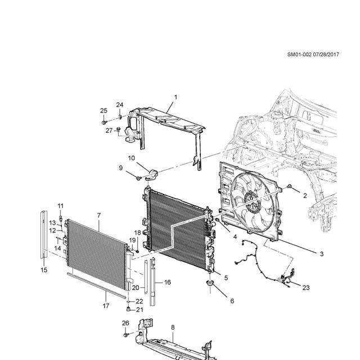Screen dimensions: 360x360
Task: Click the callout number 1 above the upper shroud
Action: [x=175, y=97]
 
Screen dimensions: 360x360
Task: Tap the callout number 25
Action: [x=103, y=111]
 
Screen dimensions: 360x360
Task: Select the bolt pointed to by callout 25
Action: [x=104, y=123]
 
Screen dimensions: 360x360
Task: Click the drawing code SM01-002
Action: [x=299, y=55]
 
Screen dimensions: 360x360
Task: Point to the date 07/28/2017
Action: [x=326, y=55]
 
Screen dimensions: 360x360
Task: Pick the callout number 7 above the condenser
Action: [x=99, y=215]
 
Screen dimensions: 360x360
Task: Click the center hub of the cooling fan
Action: [x=251, y=202]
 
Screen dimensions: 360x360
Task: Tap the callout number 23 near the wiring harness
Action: [x=306, y=287]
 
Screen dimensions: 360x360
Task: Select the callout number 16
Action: [x=168, y=282]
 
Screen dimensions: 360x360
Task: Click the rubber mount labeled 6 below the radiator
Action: [x=210, y=283]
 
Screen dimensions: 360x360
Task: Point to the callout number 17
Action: [x=106, y=306]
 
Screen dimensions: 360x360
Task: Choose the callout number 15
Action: [x=44, y=270]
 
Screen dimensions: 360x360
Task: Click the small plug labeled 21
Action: [x=129, y=309]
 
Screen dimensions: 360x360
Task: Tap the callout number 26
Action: [x=125, y=323]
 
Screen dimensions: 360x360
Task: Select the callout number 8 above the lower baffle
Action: [x=173, y=327]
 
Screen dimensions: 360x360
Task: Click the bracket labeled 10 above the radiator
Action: [x=152, y=173]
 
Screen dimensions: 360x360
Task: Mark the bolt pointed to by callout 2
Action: [x=290, y=186]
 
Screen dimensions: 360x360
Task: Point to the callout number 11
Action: [x=60, y=206]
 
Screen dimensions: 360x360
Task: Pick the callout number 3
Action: [x=321, y=254]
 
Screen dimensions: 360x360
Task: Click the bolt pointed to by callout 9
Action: [x=138, y=178]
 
